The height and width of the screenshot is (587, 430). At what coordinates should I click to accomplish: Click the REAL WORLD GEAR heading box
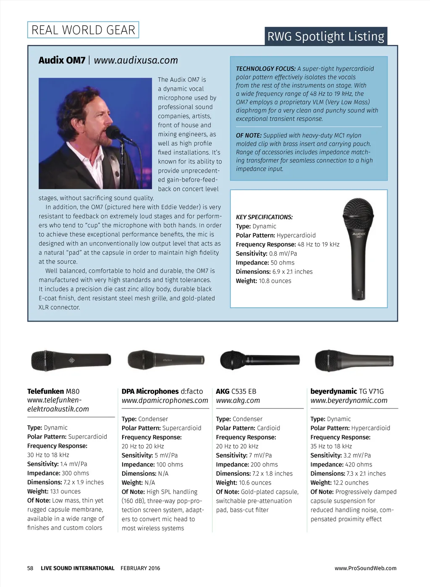(x=83, y=30)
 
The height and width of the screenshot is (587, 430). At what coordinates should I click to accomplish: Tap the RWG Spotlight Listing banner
(x=326, y=37)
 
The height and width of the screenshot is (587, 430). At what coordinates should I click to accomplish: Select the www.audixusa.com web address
(x=136, y=60)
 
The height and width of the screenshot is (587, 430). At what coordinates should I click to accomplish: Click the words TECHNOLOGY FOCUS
(x=265, y=69)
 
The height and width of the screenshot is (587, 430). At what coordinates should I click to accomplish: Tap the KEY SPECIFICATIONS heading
(x=264, y=217)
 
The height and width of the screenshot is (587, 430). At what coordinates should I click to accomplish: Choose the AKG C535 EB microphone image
(x=260, y=360)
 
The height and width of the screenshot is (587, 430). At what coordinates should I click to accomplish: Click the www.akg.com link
(x=238, y=401)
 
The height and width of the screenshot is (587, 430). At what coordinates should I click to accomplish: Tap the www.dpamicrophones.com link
(x=165, y=401)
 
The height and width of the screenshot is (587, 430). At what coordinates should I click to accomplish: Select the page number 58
(x=30, y=568)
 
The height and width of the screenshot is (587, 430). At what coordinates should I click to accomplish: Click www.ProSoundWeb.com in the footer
(x=365, y=568)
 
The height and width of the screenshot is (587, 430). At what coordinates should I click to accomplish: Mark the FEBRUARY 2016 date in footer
(x=140, y=568)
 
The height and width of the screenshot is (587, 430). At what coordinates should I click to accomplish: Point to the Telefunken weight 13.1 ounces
(x=65, y=491)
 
